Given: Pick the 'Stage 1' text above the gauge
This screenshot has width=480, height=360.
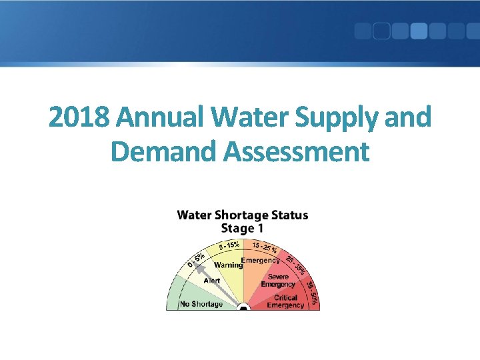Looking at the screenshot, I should (242, 228).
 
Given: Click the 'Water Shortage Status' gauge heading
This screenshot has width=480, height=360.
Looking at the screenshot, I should (242, 215).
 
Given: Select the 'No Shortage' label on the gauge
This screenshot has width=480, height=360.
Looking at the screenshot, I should (201, 304).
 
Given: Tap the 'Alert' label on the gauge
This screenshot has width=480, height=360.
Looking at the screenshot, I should (211, 281).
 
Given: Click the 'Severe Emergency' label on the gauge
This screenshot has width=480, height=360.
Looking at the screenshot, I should (278, 281).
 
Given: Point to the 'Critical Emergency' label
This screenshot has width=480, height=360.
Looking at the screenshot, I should (285, 302).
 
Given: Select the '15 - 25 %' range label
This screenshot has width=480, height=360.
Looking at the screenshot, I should (265, 247).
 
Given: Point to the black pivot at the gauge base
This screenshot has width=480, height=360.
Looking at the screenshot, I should (243, 307).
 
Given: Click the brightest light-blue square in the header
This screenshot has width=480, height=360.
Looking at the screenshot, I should (419, 31).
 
